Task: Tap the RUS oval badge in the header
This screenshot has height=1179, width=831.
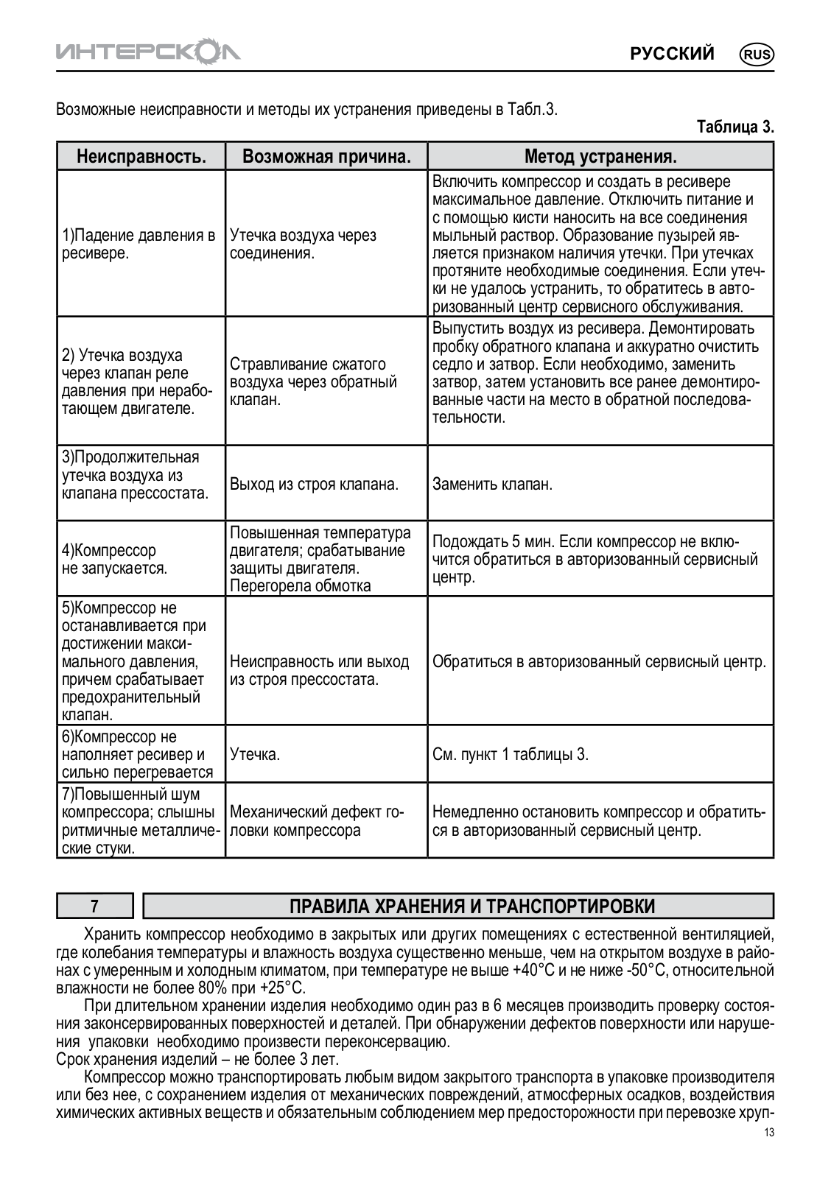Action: pos(757,54)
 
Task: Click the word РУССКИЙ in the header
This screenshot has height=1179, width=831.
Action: pos(671,54)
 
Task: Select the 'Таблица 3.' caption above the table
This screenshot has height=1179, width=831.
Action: pos(735,127)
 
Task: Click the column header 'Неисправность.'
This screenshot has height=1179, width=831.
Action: pos(141,156)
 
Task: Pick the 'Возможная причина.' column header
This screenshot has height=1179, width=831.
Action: pos(326,156)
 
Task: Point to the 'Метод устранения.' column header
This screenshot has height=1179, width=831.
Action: pos(600,156)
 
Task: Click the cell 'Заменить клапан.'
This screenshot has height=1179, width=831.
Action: pos(492,485)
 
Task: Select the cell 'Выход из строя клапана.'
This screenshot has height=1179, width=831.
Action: pos(314,485)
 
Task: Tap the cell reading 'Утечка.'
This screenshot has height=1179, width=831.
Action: pos(255,754)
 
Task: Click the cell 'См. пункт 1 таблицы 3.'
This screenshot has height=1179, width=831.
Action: pos(511,754)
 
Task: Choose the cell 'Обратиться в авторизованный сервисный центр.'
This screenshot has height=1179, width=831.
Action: pos(599,661)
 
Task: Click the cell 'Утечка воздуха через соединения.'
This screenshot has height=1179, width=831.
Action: pos(303,244)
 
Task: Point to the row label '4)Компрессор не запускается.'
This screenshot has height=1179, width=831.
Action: pos(114,560)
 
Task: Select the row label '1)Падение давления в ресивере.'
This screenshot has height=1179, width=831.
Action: pos(138,244)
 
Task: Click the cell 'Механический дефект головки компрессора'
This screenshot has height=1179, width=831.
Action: pos(317,821)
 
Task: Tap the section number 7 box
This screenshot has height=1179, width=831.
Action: pos(94,906)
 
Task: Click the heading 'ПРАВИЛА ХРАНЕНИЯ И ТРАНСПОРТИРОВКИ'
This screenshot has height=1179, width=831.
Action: pos(471,906)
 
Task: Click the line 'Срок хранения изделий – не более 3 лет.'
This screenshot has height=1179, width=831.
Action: pos(197,1060)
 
